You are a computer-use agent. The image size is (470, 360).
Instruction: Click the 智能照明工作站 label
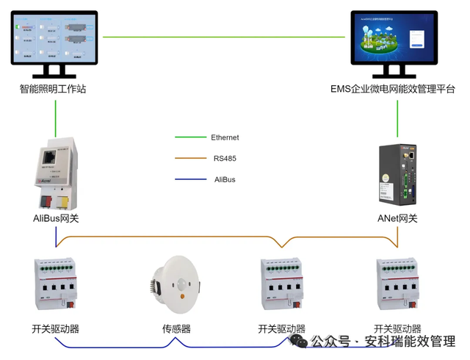tap(53, 89)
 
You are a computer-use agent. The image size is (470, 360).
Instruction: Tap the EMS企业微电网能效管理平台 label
tap(393, 89)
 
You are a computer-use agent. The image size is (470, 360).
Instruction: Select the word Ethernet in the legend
tap(225, 137)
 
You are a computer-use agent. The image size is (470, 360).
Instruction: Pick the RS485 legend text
tap(225, 158)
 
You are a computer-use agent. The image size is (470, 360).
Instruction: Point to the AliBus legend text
tap(225, 179)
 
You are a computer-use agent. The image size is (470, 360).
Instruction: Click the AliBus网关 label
tap(56, 218)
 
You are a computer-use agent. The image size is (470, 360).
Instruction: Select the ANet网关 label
tap(397, 218)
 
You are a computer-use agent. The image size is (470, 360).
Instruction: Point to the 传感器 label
tap(176, 328)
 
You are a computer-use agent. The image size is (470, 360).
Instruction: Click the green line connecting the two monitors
tap(224, 37)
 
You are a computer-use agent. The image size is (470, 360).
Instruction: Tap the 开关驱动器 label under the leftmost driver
tap(55, 328)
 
